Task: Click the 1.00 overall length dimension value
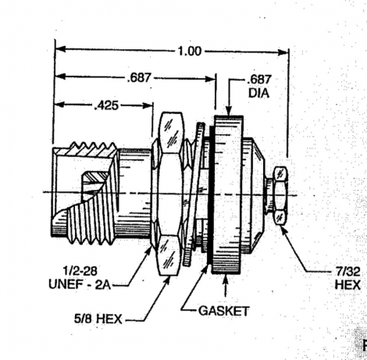pyautogui.click(x=190, y=52)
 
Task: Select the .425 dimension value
pyautogui.click(x=106, y=105)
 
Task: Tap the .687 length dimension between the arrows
pyautogui.click(x=139, y=77)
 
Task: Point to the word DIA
pyautogui.click(x=258, y=93)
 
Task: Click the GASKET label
pyautogui.click(x=224, y=311)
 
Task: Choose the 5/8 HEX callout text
pyautogui.click(x=98, y=319)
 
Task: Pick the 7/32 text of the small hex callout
pyautogui.click(x=347, y=272)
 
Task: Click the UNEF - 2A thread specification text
pyautogui.click(x=80, y=284)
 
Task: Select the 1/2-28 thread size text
pyautogui.click(x=80, y=271)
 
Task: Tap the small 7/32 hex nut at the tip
pyautogui.click(x=280, y=195)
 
